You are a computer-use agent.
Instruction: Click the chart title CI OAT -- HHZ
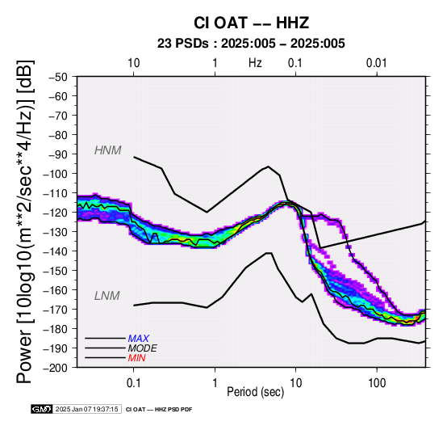(251, 23)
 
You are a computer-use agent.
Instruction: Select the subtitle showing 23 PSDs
(251, 44)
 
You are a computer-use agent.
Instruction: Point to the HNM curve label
(108, 150)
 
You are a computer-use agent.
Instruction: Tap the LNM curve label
(107, 296)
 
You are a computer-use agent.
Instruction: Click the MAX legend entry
(139, 339)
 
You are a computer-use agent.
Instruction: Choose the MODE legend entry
(143, 348)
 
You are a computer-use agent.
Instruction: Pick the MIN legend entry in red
(137, 358)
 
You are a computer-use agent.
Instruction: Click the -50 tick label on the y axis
(58, 77)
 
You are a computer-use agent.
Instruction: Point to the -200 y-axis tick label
(56, 368)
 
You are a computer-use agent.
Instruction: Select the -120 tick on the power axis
(56, 213)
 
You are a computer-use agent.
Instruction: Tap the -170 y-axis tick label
(56, 310)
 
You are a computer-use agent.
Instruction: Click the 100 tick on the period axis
(377, 382)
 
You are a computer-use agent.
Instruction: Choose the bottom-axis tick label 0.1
(133, 382)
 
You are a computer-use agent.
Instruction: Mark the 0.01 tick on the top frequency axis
(377, 63)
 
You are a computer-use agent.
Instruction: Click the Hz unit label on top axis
(255, 63)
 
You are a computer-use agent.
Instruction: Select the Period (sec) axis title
(256, 392)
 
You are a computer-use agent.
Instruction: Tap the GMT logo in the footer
(42, 409)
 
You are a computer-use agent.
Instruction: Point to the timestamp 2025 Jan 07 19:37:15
(86, 409)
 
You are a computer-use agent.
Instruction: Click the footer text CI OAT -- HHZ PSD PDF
(159, 410)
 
